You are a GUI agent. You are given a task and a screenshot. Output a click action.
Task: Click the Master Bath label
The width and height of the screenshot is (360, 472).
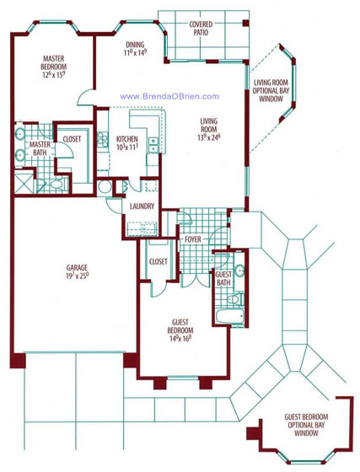[x=40, y=149]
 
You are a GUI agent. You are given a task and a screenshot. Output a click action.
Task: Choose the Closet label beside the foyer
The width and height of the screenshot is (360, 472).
[x=157, y=261]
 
